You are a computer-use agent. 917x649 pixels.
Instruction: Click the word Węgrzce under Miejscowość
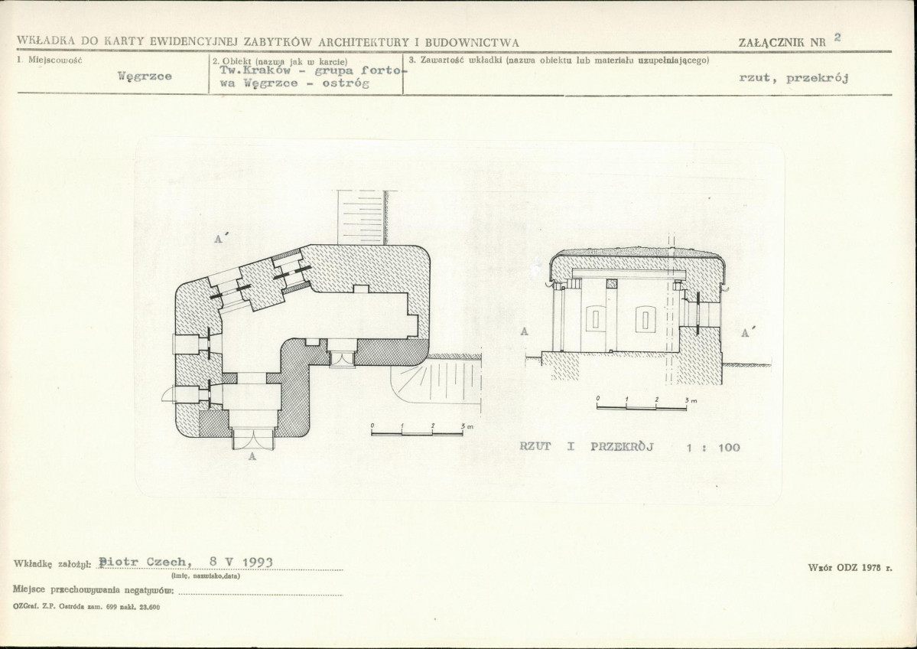[145, 76]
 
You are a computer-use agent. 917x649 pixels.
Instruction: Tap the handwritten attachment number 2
[837, 37]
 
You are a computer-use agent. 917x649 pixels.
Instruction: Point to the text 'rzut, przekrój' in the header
[794, 78]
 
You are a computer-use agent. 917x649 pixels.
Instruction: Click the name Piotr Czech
[145, 562]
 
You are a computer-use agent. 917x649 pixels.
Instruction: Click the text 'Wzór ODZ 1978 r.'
[850, 568]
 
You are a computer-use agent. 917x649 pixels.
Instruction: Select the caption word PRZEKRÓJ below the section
[622, 446]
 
